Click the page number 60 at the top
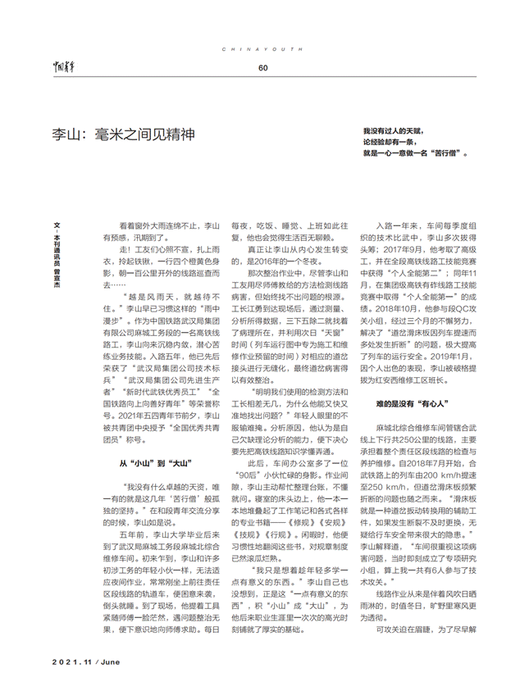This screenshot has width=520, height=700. pyautogui.click(x=262, y=68)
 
